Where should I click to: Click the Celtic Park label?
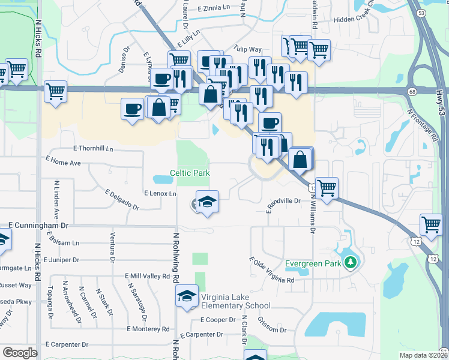tap(190, 173)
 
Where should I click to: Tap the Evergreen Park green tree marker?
tap(350, 262)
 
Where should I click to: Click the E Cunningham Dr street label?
tap(39, 224)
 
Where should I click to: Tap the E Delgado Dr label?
tap(122, 200)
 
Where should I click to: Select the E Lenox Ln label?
tap(160, 194)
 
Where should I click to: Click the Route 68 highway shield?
tap(411, 91)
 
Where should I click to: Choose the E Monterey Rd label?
tap(148, 329)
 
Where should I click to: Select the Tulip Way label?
tap(248, 50)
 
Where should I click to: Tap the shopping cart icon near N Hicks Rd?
tap(55, 92)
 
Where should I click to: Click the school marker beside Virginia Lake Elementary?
tap(187, 296)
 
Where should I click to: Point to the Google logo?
tap(20, 353)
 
